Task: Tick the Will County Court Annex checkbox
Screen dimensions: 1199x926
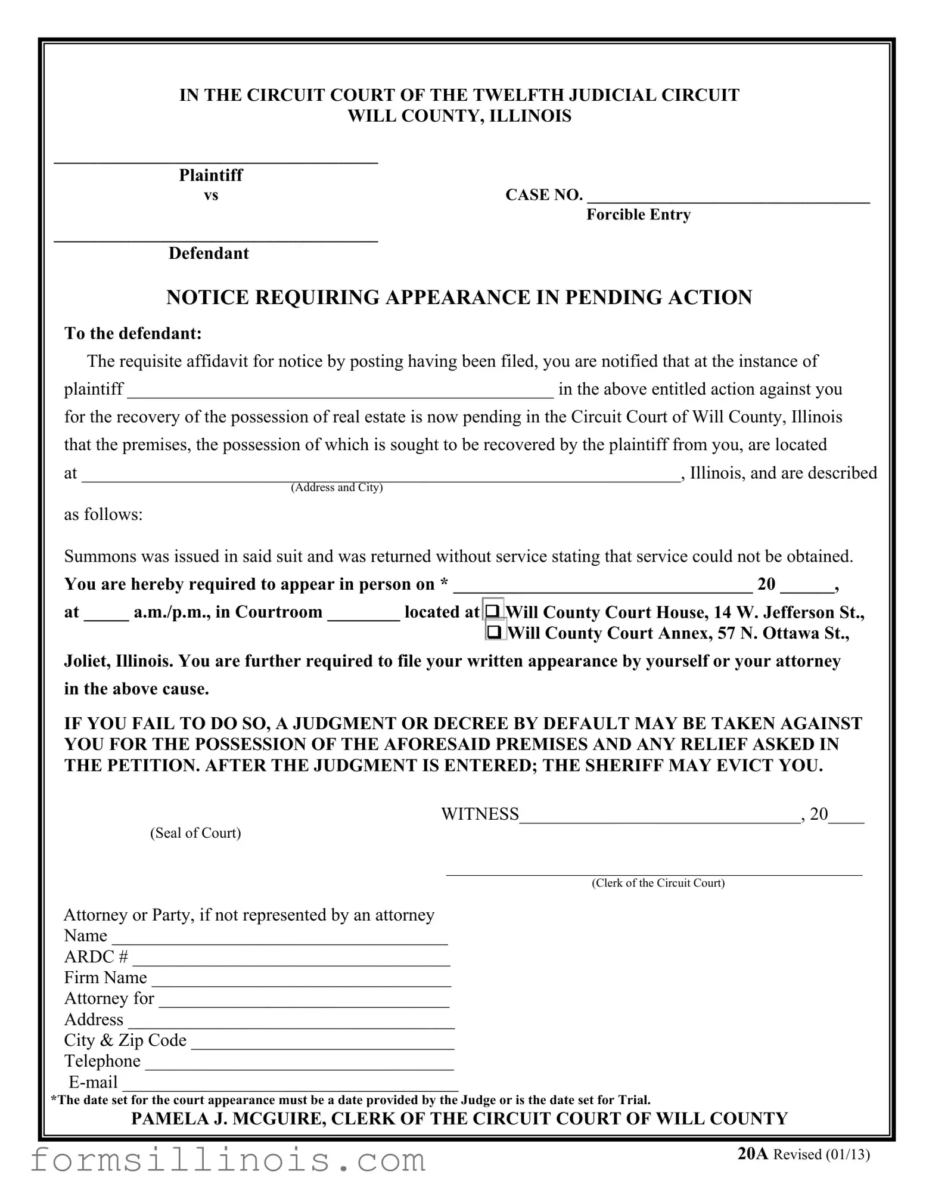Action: pos(494,631)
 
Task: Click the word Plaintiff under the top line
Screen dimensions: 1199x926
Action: pos(211,175)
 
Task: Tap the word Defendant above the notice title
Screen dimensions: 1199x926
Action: pos(209,253)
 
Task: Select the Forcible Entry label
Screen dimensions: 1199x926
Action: pos(638,215)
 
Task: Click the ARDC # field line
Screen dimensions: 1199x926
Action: pos(291,958)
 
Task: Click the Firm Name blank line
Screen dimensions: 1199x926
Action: pos(301,979)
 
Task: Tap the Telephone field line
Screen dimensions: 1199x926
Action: pos(299,1062)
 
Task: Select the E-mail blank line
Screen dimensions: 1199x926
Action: pos(290,1083)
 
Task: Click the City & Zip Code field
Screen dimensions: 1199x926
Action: pos(322,1042)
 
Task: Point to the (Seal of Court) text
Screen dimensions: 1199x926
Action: pos(195,833)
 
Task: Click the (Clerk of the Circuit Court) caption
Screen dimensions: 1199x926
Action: pos(658,883)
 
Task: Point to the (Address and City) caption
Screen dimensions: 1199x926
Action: pos(337,488)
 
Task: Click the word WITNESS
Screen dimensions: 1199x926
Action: pos(480,814)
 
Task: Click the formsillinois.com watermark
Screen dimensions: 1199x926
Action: pos(228,1160)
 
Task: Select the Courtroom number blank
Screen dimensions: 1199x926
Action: pos(363,614)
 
